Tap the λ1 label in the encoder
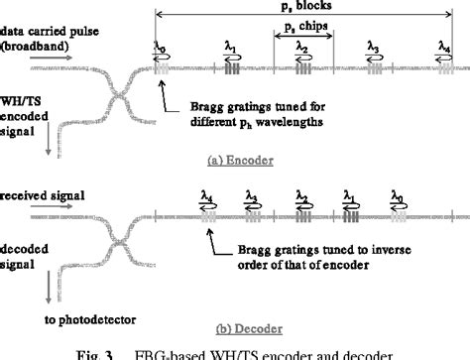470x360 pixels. tap(230, 47)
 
